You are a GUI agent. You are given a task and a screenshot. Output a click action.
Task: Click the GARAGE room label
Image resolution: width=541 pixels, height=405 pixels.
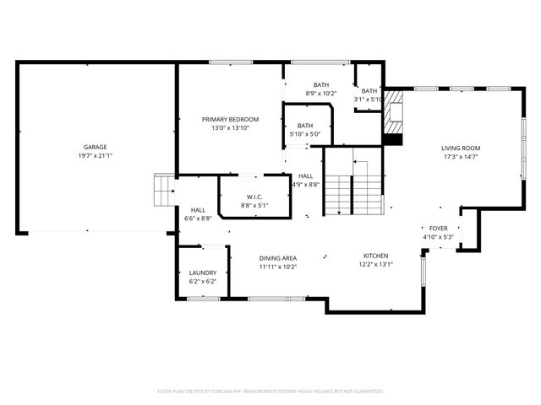tap(95, 147)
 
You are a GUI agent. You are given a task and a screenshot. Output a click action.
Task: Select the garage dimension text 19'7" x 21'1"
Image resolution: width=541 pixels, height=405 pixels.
tap(95, 156)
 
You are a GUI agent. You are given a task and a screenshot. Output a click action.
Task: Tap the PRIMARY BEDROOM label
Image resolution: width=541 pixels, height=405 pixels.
tap(230, 119)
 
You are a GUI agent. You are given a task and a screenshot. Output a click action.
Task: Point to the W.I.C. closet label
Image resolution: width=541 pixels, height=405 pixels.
tap(254, 196)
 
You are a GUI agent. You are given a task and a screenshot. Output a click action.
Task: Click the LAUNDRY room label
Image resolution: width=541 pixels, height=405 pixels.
tap(203, 273)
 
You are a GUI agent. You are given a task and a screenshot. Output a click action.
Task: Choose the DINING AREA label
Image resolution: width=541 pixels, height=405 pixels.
tap(277, 257)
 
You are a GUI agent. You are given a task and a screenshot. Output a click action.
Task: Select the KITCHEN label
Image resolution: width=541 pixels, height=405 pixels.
tap(376, 255)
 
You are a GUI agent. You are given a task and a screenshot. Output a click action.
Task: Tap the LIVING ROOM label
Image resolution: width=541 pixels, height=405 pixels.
tap(461, 148)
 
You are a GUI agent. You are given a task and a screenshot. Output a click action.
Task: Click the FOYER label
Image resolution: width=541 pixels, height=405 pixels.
tap(439, 228)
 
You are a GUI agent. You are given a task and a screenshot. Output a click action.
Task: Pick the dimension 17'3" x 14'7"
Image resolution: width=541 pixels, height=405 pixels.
tap(461, 157)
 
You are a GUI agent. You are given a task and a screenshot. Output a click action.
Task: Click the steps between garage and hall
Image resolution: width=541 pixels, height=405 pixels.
tap(163, 191)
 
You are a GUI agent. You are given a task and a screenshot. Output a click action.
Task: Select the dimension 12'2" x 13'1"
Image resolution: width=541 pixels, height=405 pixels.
tap(376, 264)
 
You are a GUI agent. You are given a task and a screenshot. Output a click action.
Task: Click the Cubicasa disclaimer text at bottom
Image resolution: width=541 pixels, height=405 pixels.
tap(270, 391)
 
